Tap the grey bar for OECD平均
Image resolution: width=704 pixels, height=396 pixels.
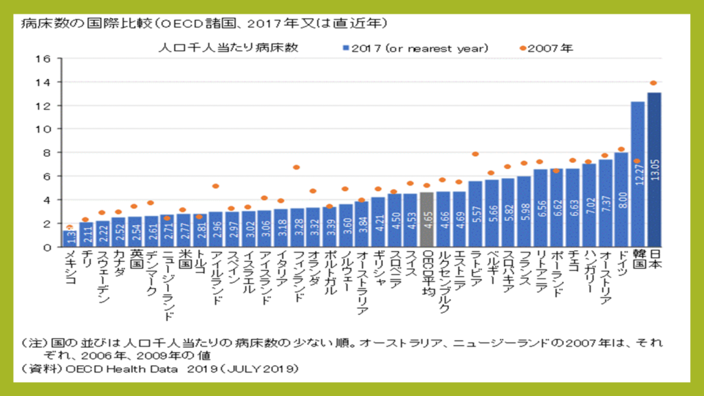[426, 219]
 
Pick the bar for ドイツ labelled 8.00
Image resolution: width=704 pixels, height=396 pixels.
[621, 199]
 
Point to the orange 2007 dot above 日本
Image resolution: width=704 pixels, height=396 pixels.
[654, 83]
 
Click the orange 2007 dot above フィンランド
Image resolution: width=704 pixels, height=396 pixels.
[296, 167]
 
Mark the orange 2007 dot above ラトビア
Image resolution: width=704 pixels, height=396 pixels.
[475, 154]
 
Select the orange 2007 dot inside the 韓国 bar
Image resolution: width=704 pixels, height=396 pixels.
[637, 161]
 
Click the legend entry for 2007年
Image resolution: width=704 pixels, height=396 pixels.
[547, 48]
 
